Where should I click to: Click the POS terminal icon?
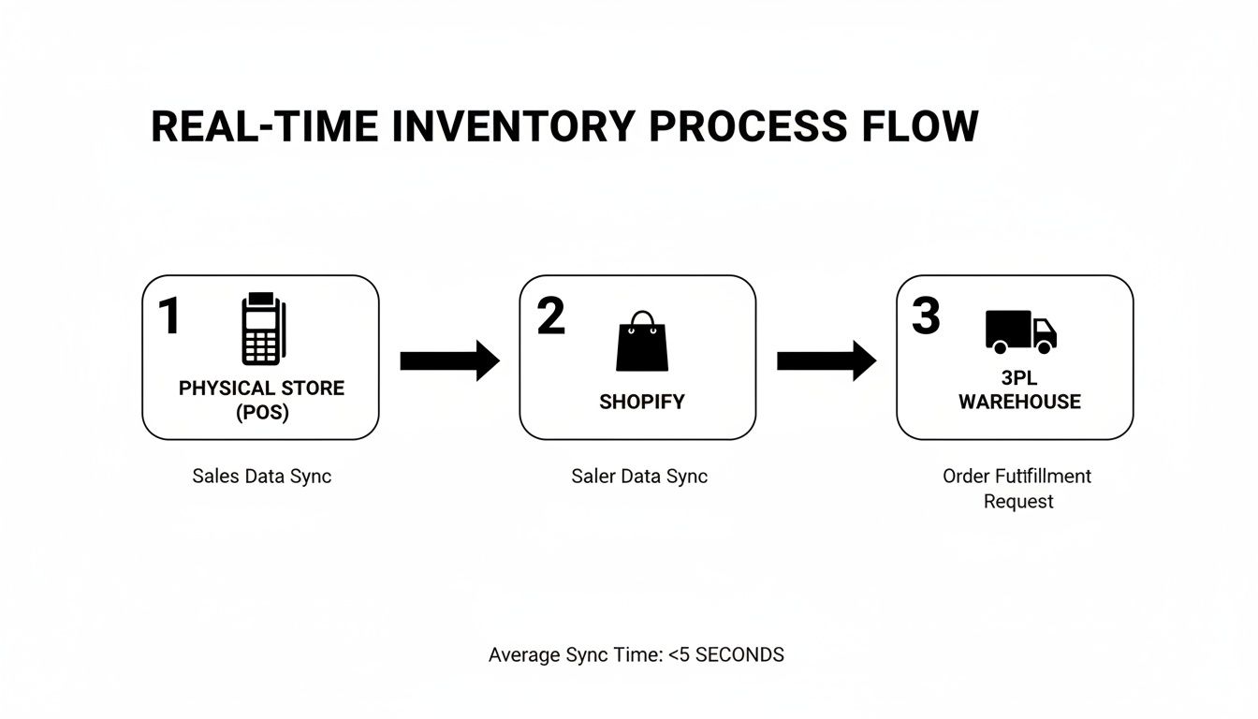261,330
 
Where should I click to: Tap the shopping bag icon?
642,342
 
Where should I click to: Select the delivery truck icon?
1020,331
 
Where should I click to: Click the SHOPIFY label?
642,402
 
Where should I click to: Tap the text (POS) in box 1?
261,413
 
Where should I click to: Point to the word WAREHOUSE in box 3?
1019,402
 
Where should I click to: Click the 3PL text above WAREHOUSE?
1019,378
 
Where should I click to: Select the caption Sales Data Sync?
261,476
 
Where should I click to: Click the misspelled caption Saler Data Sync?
639,476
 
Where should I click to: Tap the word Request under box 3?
1018,502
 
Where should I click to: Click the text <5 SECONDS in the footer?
726,655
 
